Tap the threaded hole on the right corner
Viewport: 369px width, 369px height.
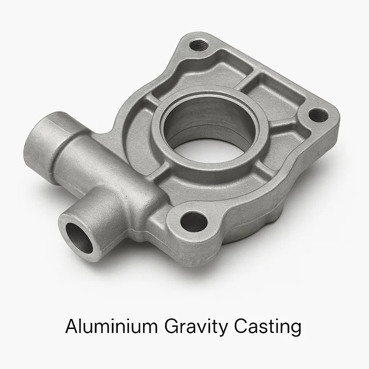(x=319, y=115)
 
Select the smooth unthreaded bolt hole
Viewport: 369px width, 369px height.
(x=194, y=222)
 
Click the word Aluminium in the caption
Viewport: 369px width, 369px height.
(x=111, y=327)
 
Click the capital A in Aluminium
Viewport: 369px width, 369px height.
(x=72, y=327)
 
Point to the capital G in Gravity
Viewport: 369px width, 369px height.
(x=172, y=327)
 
